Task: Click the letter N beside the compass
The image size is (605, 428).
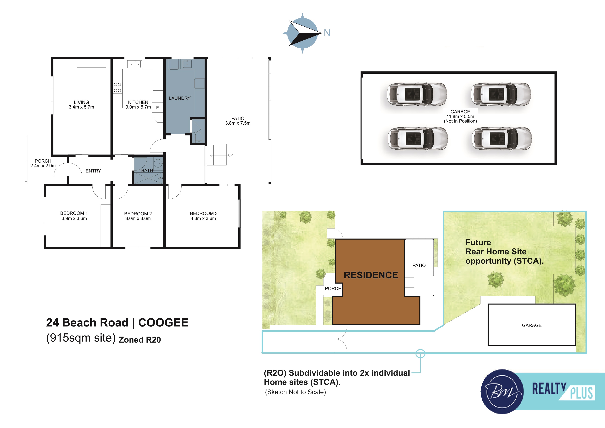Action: (327, 33)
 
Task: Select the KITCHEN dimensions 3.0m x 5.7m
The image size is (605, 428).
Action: (138, 107)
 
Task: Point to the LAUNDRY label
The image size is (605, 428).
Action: (180, 98)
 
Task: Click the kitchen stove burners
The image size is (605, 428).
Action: (117, 87)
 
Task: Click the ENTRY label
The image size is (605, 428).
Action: (93, 171)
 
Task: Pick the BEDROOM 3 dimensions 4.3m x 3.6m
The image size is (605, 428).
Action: (204, 218)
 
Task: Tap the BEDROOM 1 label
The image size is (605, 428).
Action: (74, 213)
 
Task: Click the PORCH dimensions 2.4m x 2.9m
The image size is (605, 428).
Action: (43, 166)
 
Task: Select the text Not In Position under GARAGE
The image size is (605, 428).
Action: (460, 121)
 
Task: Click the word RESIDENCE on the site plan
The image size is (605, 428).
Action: (371, 275)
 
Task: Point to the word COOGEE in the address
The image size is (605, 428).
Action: (163, 323)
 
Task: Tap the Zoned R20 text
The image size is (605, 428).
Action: (140, 340)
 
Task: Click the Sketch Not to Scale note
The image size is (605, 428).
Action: (295, 392)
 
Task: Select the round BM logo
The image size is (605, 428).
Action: (502, 392)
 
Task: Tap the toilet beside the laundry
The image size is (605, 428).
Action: (198, 137)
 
